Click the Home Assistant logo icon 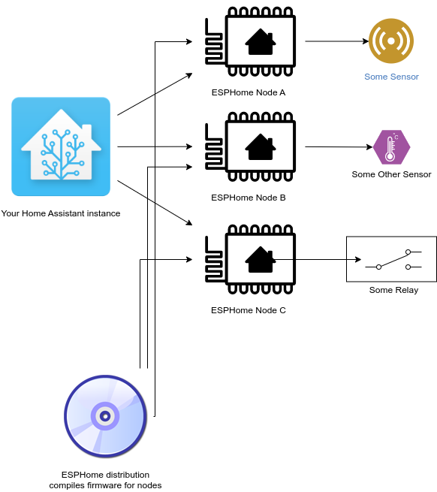pyautogui.click(x=61, y=146)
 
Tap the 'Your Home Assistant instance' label pyautogui.click(x=61, y=213)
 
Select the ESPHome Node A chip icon pyautogui.click(x=250, y=42)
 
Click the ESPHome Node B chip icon pyautogui.click(x=250, y=147)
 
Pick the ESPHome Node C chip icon pyautogui.click(x=250, y=260)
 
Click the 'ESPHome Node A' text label pyautogui.click(x=249, y=92)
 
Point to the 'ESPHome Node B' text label pyautogui.click(x=249, y=198)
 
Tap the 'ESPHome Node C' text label pyautogui.click(x=249, y=309)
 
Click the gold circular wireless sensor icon pyautogui.click(x=391, y=41)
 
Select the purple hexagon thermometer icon pyautogui.click(x=391, y=147)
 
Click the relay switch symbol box pyautogui.click(x=390, y=259)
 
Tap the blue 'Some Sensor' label pyautogui.click(x=391, y=77)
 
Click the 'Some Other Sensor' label pyautogui.click(x=391, y=174)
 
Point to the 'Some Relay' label pyautogui.click(x=393, y=290)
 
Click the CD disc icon pyautogui.click(x=106, y=416)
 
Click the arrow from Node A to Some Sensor pyautogui.click(x=335, y=41)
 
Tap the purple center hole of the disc pyautogui.click(x=106, y=415)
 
